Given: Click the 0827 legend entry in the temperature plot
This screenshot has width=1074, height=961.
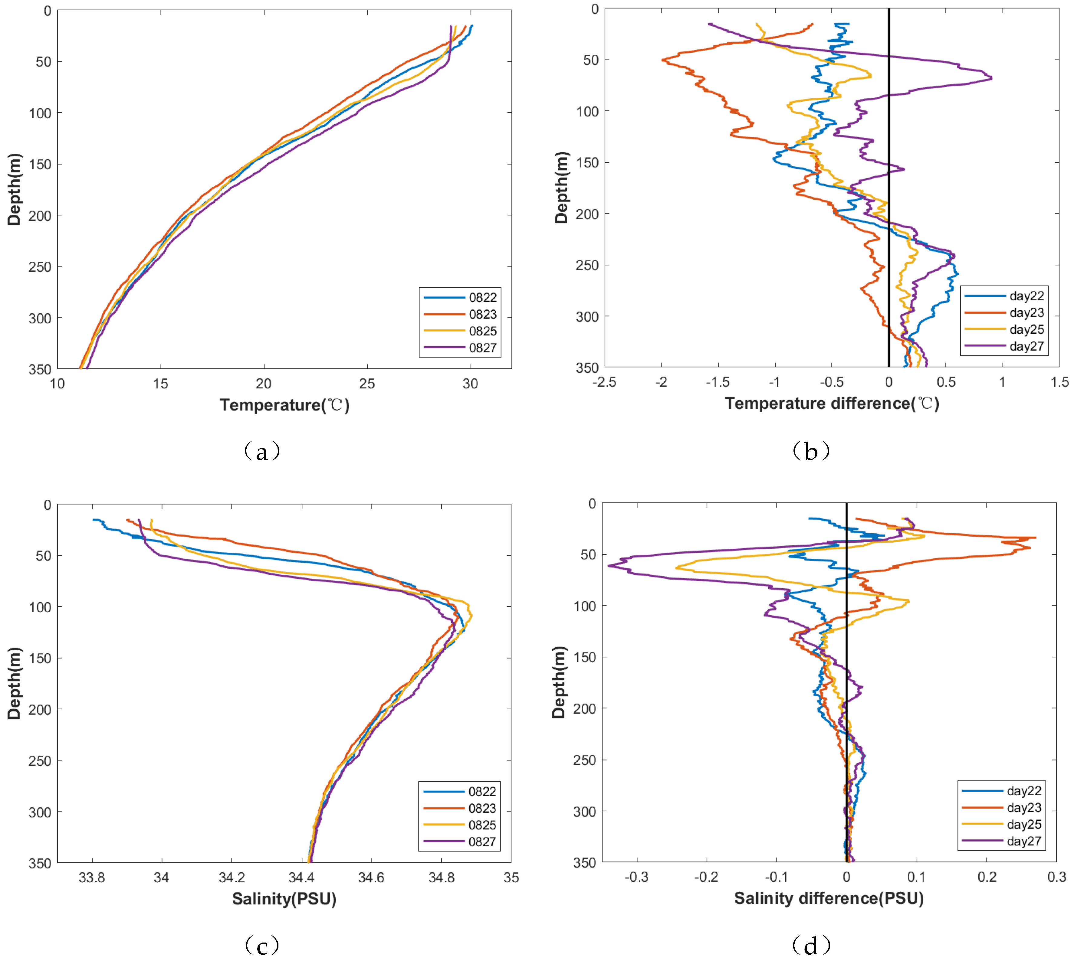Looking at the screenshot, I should (482, 348).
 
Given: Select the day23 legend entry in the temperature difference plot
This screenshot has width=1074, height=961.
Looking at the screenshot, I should (1026, 312).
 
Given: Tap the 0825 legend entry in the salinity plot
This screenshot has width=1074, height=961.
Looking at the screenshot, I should (481, 825).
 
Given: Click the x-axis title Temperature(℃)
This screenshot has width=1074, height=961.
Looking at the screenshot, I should (284, 405).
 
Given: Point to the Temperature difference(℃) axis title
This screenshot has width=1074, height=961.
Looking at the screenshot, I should (832, 404).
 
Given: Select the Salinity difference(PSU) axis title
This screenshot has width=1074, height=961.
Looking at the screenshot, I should (828, 898).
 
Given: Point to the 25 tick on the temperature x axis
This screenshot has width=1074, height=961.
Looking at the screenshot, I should (367, 384).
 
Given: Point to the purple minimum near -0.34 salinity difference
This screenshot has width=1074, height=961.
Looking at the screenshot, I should (609, 566).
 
